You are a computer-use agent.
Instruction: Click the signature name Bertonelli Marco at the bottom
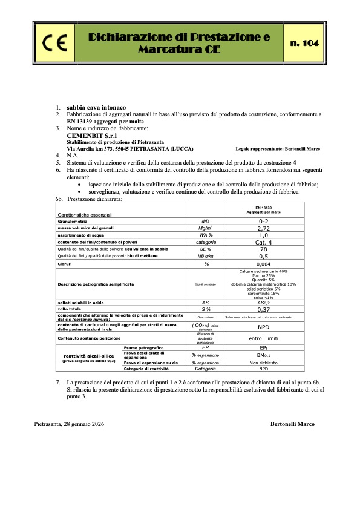tap(292, 424)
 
